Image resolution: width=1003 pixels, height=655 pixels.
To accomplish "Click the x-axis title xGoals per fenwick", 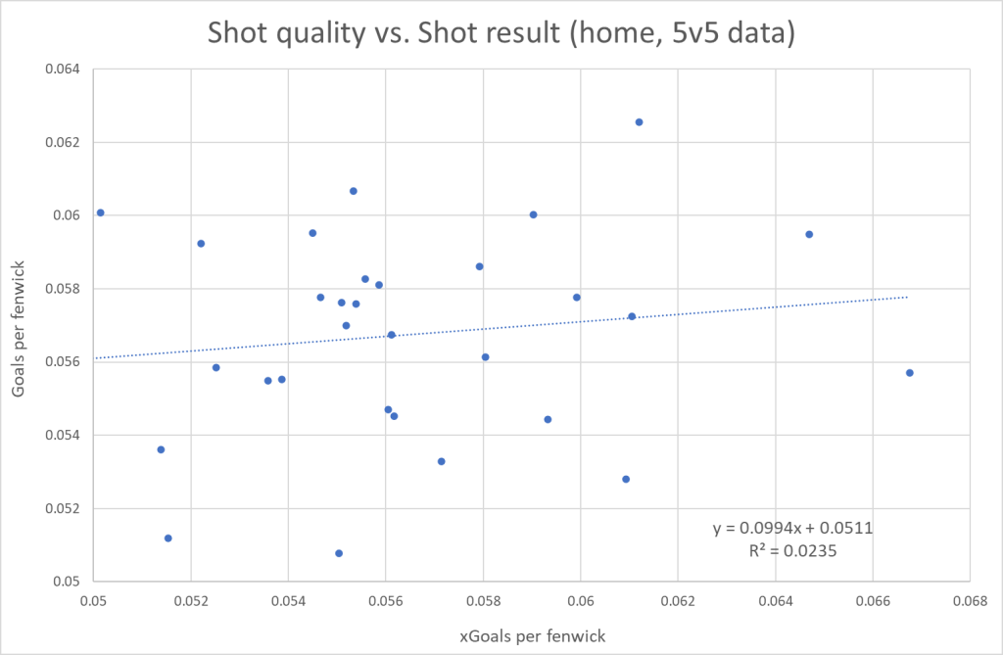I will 533,635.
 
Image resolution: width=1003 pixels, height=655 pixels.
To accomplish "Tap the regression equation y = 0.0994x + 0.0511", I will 793,529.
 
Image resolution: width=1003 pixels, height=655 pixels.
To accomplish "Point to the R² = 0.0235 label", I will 793,551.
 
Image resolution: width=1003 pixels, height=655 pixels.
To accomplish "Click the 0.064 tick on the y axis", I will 63,70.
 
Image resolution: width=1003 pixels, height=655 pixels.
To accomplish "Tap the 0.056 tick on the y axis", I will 63,362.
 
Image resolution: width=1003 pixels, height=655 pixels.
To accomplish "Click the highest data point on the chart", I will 639,122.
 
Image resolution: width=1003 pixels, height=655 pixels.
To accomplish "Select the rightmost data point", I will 910,373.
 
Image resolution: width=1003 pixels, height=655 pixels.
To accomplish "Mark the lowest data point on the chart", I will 339,553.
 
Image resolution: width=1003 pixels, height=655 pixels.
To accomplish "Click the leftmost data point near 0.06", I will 100,212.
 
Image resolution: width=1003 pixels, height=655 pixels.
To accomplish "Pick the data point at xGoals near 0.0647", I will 809,234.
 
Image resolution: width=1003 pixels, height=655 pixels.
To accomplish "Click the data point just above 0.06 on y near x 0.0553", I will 354,191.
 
